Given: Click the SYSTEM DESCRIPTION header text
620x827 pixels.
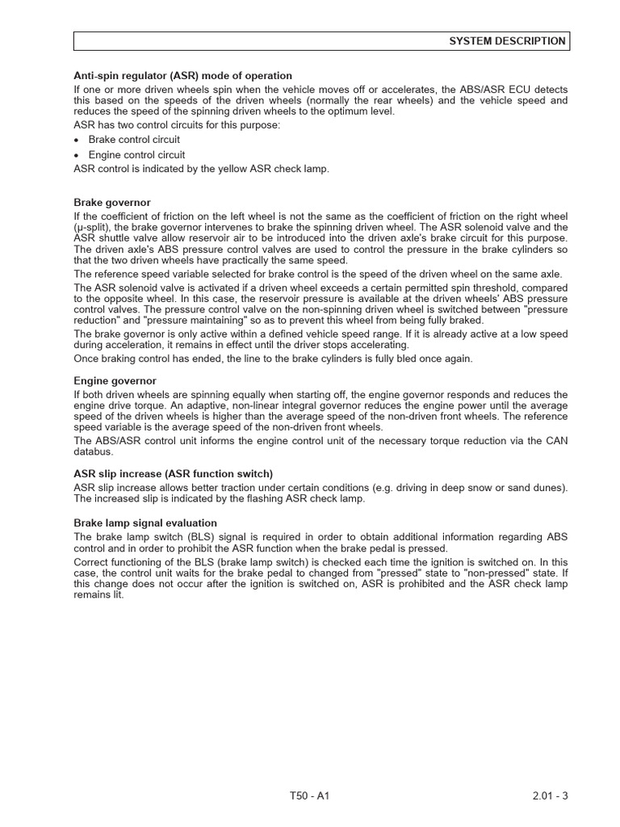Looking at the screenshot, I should (x=507, y=41).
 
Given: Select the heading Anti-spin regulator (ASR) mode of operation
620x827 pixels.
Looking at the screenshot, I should (x=182, y=76).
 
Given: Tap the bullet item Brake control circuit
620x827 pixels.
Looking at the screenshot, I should (x=134, y=140).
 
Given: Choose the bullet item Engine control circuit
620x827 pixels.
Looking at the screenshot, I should (x=136, y=155).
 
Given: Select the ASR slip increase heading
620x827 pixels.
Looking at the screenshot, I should (x=173, y=474).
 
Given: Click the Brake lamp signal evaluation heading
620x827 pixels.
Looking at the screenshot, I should (x=145, y=523).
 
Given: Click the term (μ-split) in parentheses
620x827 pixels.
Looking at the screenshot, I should (x=95, y=229).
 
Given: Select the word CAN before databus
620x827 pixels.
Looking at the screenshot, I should (x=557, y=441).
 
